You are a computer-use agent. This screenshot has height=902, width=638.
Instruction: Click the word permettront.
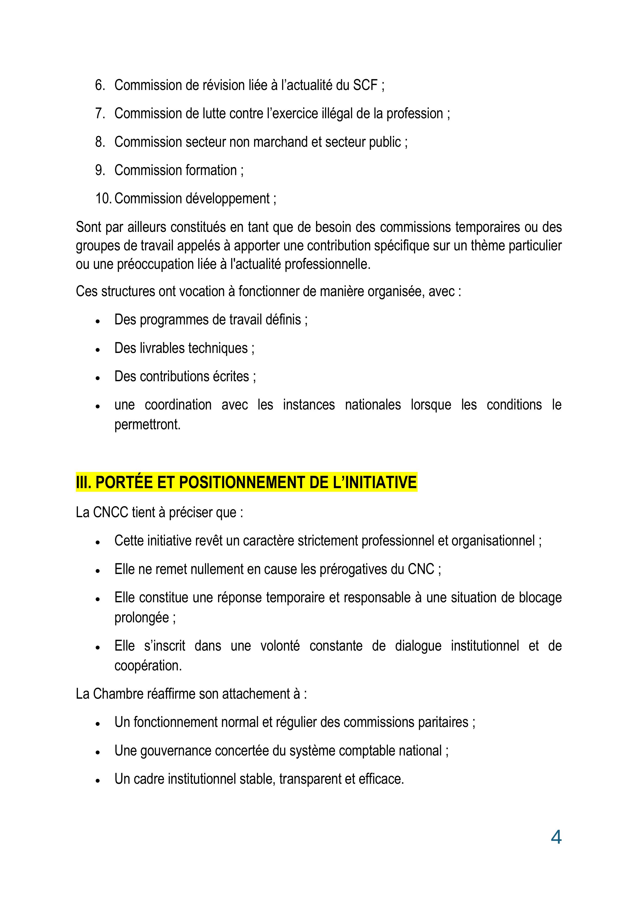(x=147, y=425)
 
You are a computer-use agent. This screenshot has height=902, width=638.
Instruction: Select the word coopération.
(x=148, y=666)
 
